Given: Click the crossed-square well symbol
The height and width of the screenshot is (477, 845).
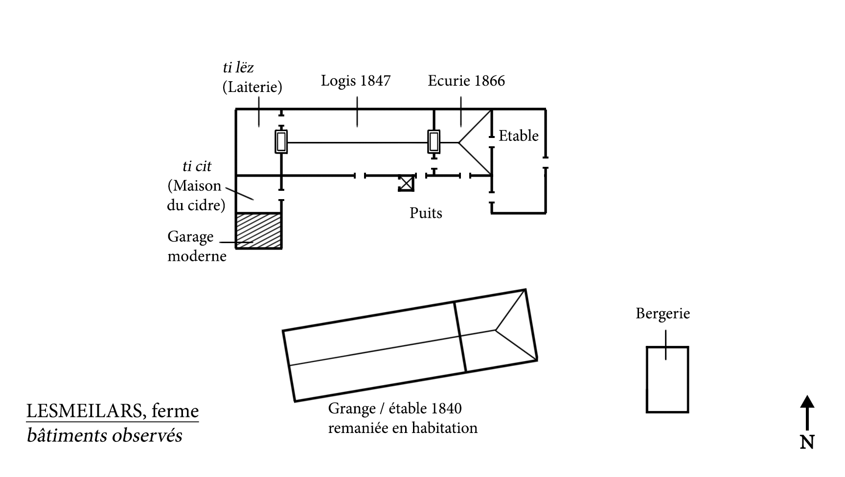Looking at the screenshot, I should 406,183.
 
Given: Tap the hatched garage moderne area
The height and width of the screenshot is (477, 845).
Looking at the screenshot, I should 259,230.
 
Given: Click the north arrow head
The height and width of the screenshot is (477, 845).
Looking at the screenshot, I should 807,402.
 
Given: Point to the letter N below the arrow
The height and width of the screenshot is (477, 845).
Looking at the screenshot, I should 807,442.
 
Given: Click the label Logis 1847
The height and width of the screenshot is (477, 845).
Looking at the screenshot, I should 356,80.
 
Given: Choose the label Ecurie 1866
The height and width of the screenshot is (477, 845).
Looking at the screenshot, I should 466,81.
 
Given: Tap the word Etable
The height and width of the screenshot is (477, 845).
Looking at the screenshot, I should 518,136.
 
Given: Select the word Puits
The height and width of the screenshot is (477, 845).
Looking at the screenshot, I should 426,213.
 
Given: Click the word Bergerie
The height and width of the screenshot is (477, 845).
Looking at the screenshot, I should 662,313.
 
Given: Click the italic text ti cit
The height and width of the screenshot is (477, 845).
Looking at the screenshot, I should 197,166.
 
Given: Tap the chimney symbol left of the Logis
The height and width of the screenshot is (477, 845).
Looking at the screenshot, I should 281,142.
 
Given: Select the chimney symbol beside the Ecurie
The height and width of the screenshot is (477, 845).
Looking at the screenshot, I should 434,142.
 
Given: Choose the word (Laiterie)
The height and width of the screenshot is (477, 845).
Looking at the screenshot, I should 252,87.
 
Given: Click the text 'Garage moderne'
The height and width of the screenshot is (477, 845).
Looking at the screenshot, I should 197,246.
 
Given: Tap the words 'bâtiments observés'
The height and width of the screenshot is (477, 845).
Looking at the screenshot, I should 104,435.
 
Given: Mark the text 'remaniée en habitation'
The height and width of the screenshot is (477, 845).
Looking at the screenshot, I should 402,428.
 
